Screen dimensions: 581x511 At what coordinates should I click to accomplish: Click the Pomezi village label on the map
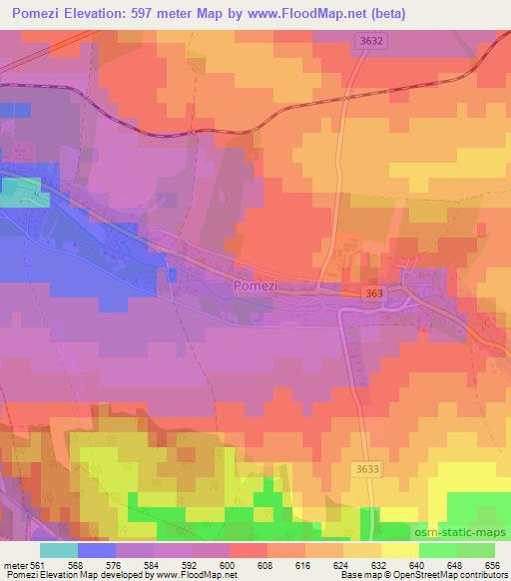(x=253, y=286)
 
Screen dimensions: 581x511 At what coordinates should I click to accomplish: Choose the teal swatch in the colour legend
(x=59, y=550)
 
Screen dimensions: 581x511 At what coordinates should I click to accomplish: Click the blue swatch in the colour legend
(x=97, y=550)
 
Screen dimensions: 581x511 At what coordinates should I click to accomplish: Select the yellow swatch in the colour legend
(x=400, y=550)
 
